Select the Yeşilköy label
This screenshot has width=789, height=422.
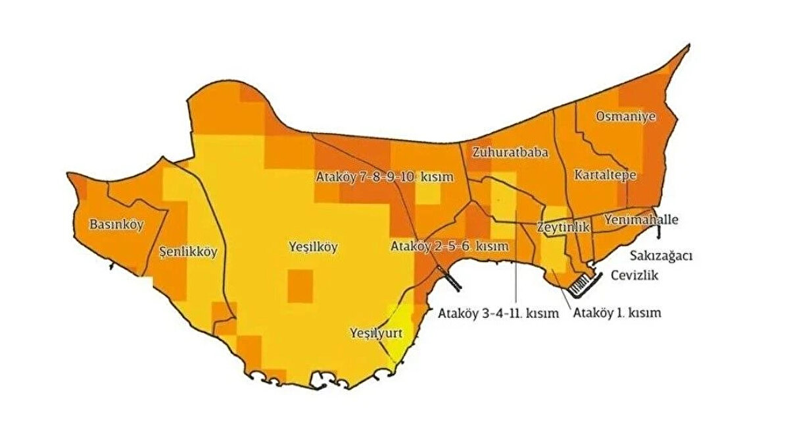(313, 248)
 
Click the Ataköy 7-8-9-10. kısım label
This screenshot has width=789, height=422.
(372, 178)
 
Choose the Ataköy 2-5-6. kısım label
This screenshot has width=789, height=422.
(450, 247)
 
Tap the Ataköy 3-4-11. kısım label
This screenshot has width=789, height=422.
(498, 313)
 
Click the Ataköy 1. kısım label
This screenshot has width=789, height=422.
(617, 313)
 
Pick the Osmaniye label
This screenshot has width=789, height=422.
(625, 117)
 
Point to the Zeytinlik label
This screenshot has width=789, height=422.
(563, 226)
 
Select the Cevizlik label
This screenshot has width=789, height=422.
(634, 275)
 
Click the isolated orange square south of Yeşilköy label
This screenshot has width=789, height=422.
(300, 286)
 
